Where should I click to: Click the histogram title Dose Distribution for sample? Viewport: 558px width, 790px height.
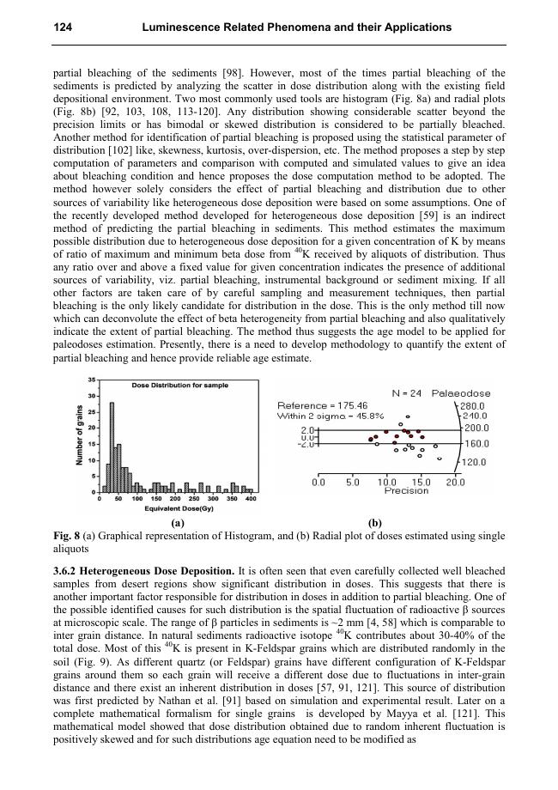pos(180,386)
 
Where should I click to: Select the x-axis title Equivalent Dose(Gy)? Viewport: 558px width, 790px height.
pos(179,508)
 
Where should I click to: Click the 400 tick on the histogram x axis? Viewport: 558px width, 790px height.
pos(252,499)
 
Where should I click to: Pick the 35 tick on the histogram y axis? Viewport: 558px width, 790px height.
pos(92,380)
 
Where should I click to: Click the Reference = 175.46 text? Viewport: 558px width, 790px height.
pos(324,405)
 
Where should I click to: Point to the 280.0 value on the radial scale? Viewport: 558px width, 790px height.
pos(474,405)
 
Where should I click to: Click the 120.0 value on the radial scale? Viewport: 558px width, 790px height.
pos(474,462)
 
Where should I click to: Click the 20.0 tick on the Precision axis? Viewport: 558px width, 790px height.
pos(455,483)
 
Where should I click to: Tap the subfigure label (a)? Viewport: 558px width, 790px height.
pos(177,523)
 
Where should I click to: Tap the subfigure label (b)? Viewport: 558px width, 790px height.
pos(375,523)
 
